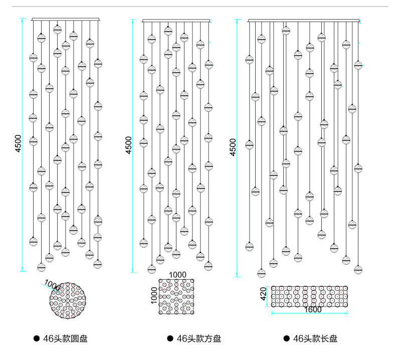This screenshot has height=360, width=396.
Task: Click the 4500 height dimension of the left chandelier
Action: tap(18, 144)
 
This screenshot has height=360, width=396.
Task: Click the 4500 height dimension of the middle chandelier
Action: tap(129, 145)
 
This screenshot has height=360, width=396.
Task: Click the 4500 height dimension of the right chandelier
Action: tap(233, 147)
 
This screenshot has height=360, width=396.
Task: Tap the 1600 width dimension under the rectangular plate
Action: tap(313, 310)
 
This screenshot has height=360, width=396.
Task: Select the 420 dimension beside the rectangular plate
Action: tap(264, 294)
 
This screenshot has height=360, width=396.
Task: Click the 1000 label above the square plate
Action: tap(177, 275)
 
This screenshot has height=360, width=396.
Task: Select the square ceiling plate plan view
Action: tap(176, 297)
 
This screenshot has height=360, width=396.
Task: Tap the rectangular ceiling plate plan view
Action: tap(310, 296)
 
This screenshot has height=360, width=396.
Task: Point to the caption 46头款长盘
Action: tap(315, 339)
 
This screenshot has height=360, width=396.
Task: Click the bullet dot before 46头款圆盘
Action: tap(36, 339)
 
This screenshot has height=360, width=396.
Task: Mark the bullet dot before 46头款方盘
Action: tap(170, 339)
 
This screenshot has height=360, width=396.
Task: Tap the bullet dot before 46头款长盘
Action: tap(287, 339)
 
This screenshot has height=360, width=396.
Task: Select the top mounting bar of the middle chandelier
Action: tap(176, 21)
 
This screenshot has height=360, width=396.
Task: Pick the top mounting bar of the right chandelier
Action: tap(304, 20)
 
